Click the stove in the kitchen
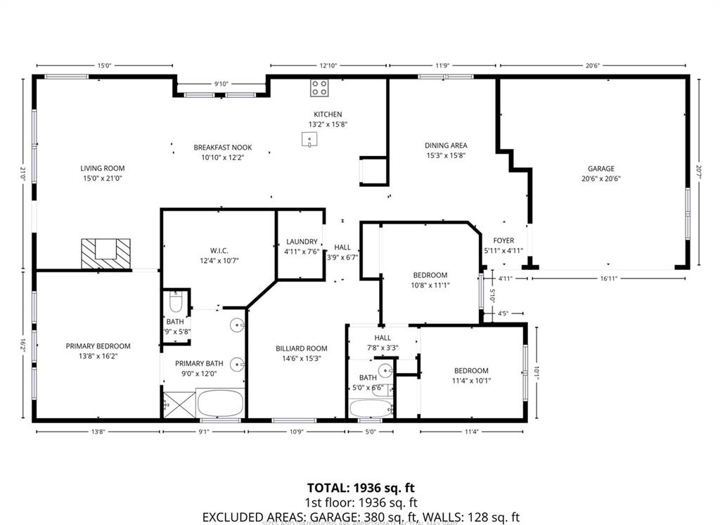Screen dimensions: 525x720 click(319, 88)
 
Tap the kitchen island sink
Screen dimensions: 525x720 click(309, 141)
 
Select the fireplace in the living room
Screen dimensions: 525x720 click(105, 252)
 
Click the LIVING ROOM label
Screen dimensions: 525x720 click(102, 168)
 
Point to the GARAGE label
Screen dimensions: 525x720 click(601, 168)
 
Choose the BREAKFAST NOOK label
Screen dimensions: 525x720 click(222, 148)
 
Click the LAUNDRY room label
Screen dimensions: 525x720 click(301, 242)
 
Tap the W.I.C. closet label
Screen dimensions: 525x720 click(219, 251)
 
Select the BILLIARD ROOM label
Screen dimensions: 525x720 click(301, 349)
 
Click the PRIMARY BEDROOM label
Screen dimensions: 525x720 click(98, 346)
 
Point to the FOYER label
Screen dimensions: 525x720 click(503, 240)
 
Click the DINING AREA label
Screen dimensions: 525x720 click(446, 145)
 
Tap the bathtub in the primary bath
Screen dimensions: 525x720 click(220, 404)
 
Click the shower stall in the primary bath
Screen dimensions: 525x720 click(173, 404)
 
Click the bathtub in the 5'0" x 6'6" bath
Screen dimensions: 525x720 click(371, 408)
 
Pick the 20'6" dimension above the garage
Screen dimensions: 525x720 click(591, 65)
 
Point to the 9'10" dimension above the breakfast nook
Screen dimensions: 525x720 click(221, 84)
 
